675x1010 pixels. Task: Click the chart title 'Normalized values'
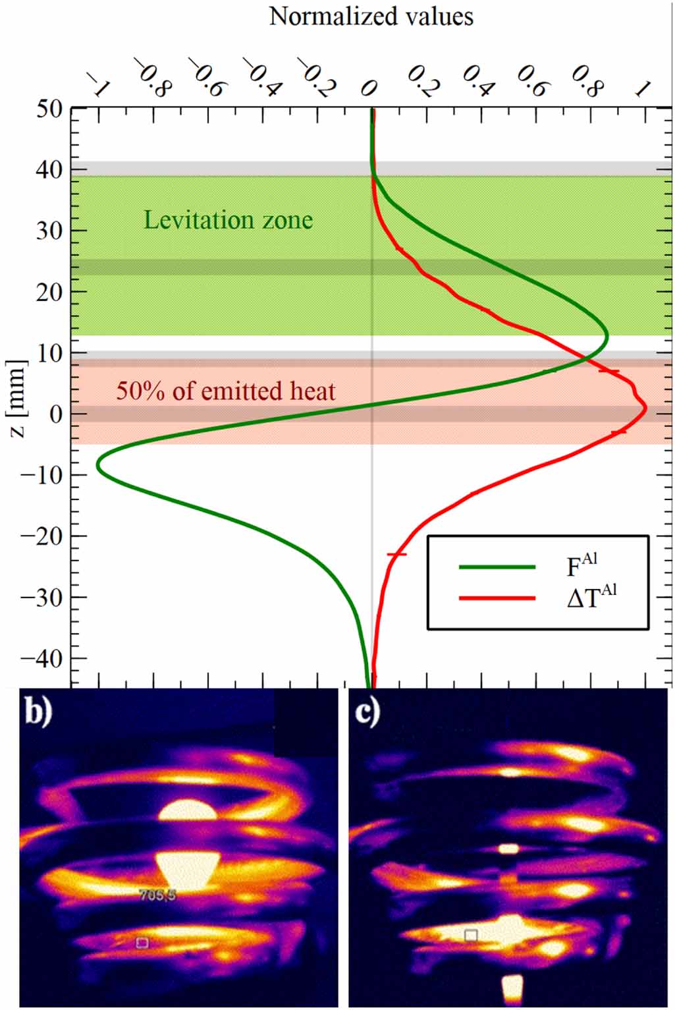(371, 16)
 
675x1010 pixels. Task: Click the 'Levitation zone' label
(228, 220)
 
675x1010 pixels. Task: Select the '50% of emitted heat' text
(226, 391)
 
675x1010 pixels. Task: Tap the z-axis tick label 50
(49, 109)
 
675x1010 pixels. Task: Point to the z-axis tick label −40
(43, 658)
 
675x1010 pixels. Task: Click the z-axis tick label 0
(56, 414)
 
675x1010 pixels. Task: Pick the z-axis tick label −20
(43, 536)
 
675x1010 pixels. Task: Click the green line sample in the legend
(497, 566)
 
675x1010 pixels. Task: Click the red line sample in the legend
(497, 598)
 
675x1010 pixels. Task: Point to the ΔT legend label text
(591, 597)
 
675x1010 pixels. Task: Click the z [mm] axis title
(18, 399)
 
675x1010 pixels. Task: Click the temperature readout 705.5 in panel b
(157, 895)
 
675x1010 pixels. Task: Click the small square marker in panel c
(471, 936)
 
